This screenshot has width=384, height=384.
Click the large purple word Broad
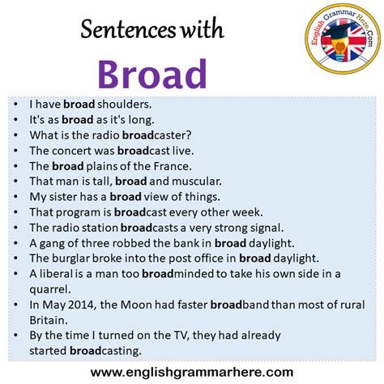(151, 74)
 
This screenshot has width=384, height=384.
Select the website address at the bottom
(191, 371)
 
